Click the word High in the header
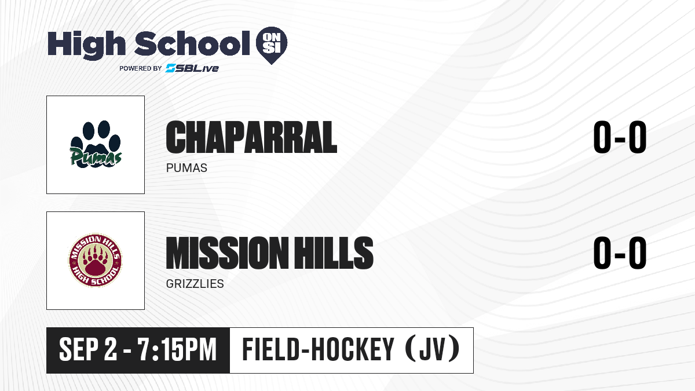pyautogui.click(x=86, y=45)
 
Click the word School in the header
pyautogui.click(x=192, y=43)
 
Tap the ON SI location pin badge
pyautogui.click(x=272, y=45)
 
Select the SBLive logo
pyautogui.click(x=192, y=68)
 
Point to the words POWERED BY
pyautogui.click(x=141, y=68)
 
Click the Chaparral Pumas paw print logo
pyautogui.click(x=96, y=144)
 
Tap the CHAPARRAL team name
pyautogui.click(x=251, y=137)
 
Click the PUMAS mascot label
pyautogui.click(x=186, y=168)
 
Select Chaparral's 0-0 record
pyautogui.click(x=620, y=137)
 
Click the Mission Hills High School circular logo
pyautogui.click(x=95, y=260)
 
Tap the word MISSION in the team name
pyautogui.click(x=227, y=253)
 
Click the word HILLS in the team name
pyautogui.click(x=334, y=253)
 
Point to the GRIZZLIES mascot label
pyautogui.click(x=195, y=284)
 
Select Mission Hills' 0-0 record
pyautogui.click(x=620, y=253)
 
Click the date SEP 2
pyautogui.click(x=88, y=349)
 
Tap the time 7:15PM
pyautogui.click(x=177, y=349)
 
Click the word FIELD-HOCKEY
pyautogui.click(x=318, y=349)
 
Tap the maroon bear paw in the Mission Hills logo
pyautogui.click(x=95, y=261)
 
